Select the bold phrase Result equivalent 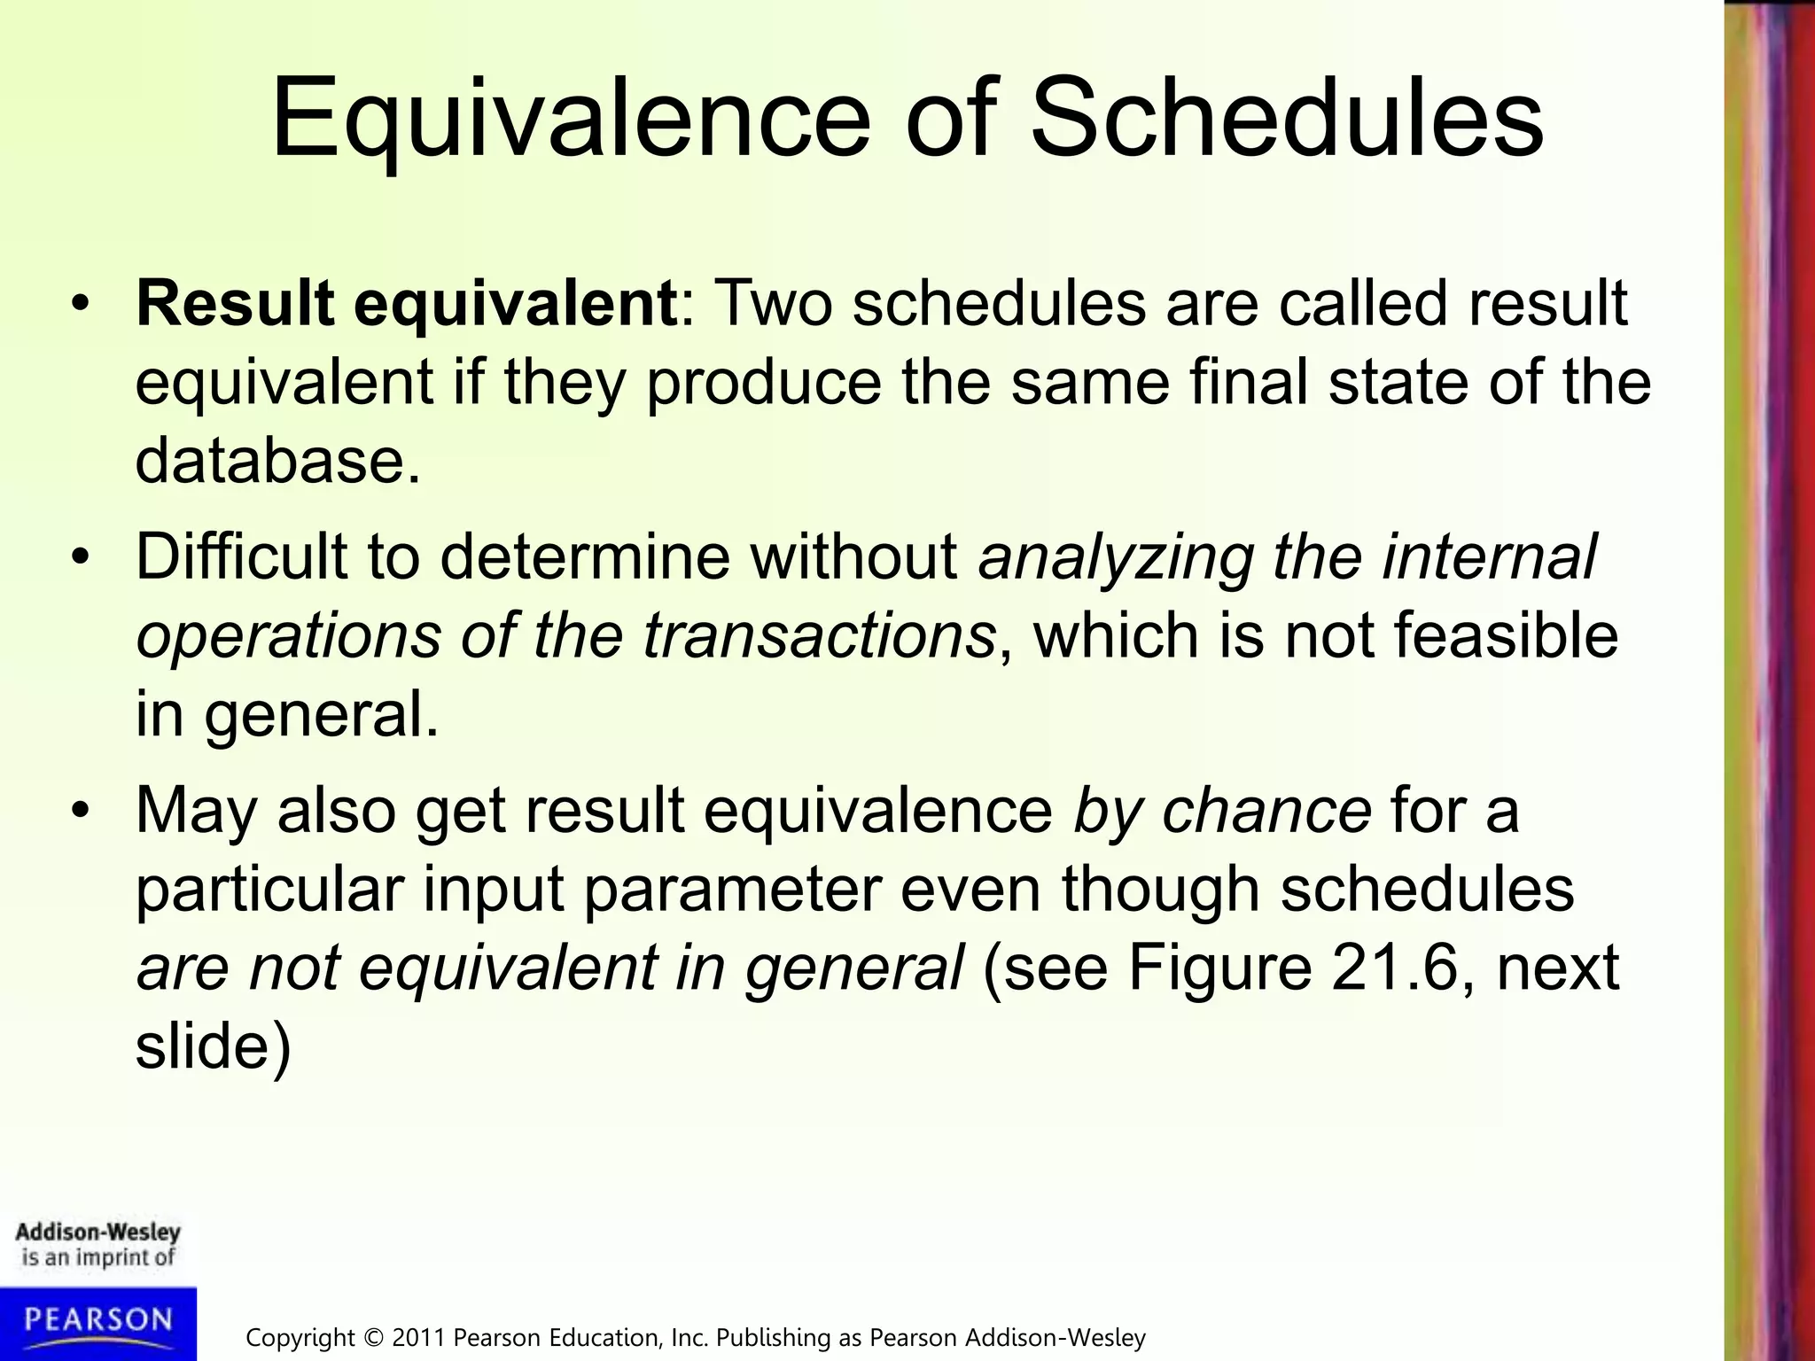pos(407,304)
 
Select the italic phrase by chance pos(1222,811)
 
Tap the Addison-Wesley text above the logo pos(98,1233)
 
